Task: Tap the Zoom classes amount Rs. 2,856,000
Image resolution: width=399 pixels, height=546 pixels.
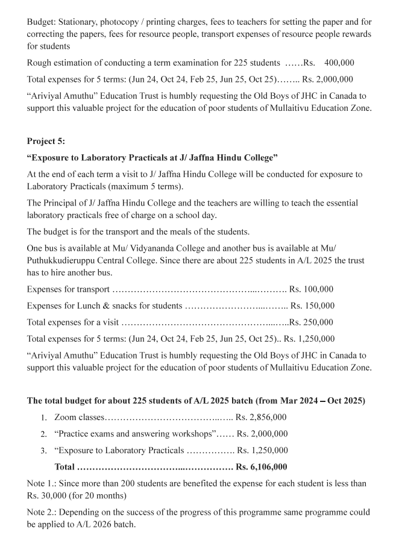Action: click(x=261, y=417)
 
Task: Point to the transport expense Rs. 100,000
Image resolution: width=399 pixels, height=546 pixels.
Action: click(x=311, y=289)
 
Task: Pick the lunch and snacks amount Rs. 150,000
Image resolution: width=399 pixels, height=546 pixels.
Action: click(x=312, y=306)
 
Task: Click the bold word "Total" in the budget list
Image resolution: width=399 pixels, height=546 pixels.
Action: click(x=65, y=466)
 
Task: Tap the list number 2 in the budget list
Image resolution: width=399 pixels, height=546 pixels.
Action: click(x=44, y=434)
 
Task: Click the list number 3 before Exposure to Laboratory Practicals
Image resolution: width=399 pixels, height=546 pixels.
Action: click(x=44, y=450)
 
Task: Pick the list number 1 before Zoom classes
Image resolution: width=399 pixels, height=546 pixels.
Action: click(x=44, y=418)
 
